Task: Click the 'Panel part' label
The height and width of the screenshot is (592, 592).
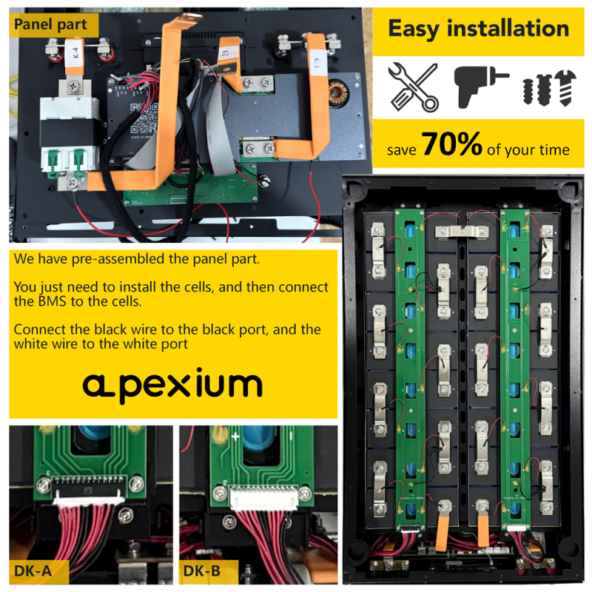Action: pyautogui.click(x=50, y=24)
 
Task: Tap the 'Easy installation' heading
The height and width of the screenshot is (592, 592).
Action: pyautogui.click(x=479, y=29)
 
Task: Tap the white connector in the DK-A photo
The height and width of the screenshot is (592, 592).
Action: pyautogui.click(x=86, y=494)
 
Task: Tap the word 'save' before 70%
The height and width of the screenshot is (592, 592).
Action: pyautogui.click(x=401, y=149)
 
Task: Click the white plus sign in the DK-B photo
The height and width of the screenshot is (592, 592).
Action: pyautogui.click(x=235, y=437)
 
